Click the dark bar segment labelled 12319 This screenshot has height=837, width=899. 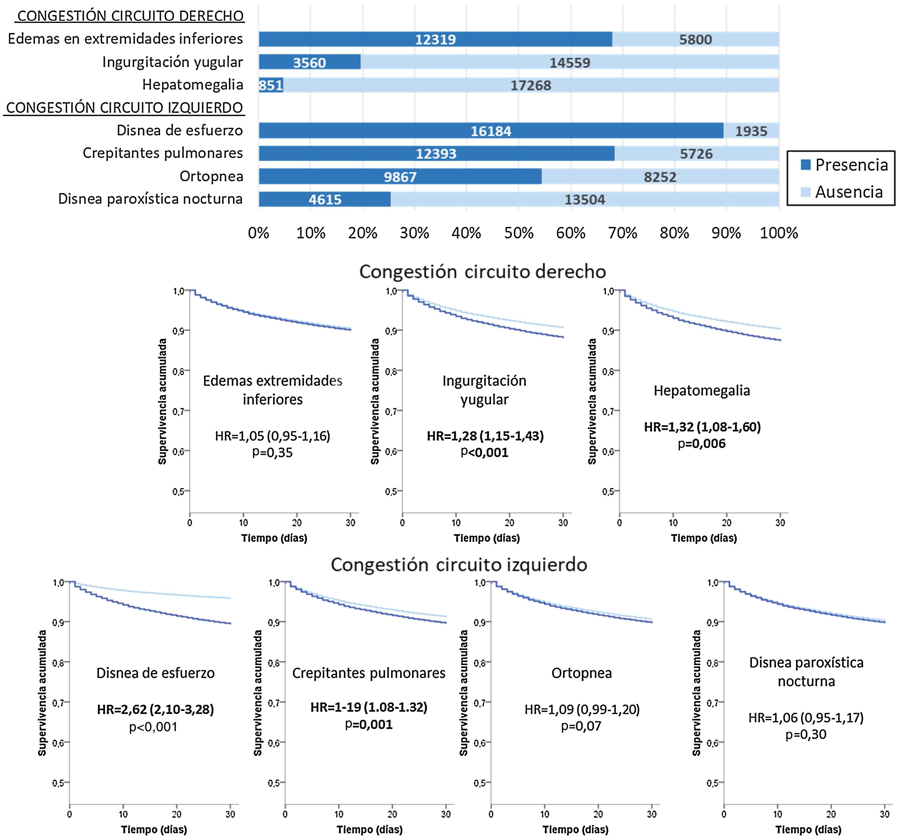[x=435, y=39]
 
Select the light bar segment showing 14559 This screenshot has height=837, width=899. [x=570, y=62]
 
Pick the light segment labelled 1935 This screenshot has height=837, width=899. [x=751, y=131]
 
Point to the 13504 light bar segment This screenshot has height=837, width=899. [x=585, y=199]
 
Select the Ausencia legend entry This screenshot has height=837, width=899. [x=842, y=192]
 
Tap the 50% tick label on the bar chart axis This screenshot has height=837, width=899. [x=519, y=233]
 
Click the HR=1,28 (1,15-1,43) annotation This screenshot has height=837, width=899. [x=485, y=436]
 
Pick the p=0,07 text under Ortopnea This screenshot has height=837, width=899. [x=581, y=726]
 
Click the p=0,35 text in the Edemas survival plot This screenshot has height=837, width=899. [x=272, y=453]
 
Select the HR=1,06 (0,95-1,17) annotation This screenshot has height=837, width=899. [x=806, y=718]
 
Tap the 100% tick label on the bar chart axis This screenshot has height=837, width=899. [x=779, y=233]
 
